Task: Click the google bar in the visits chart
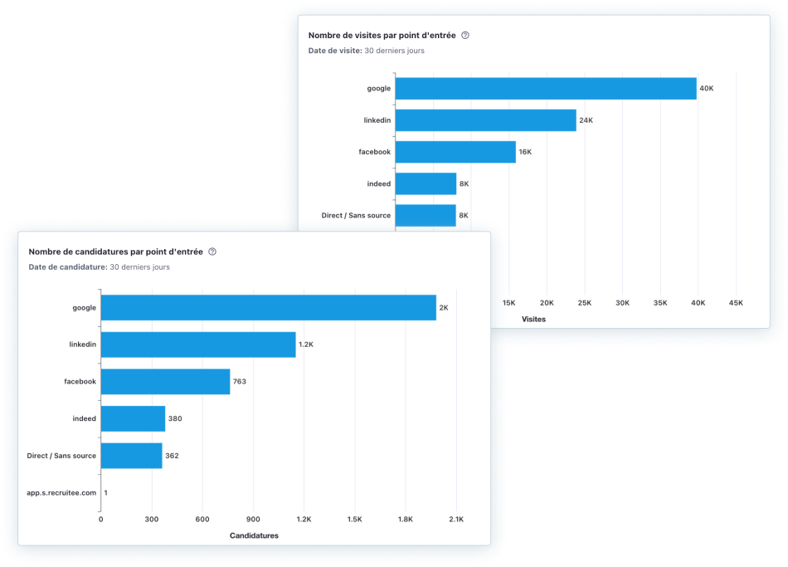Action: tap(545, 88)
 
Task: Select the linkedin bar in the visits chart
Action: tap(485, 120)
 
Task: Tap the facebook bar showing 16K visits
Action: tap(455, 152)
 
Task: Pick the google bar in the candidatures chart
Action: tap(268, 307)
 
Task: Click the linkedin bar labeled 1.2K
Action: tap(198, 345)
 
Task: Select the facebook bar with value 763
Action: tap(165, 381)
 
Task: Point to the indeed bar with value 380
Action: tap(133, 418)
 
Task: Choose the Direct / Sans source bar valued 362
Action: tap(131, 456)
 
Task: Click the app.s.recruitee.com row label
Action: tap(61, 492)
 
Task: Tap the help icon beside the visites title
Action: tap(465, 36)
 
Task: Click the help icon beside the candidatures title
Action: tap(212, 252)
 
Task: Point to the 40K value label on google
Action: tap(706, 88)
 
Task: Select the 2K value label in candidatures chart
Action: tap(444, 307)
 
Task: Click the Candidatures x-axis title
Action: tap(254, 535)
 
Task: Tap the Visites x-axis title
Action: tap(533, 319)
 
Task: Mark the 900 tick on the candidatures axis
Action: tap(253, 519)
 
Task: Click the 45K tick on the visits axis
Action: tap(736, 303)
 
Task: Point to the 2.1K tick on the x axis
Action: tap(456, 519)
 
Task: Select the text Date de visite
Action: tap(334, 51)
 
